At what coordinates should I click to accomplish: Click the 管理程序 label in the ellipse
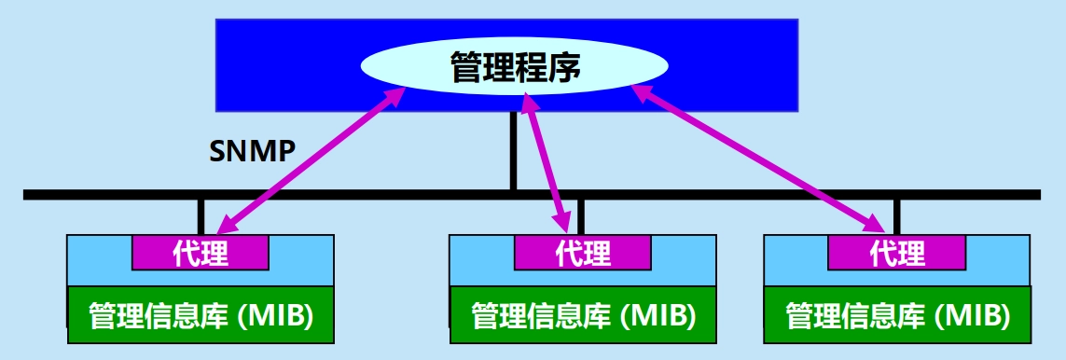[x=515, y=66]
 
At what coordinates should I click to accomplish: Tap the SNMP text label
[x=252, y=152]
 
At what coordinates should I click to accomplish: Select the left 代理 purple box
[x=200, y=253]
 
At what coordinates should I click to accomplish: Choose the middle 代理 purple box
[x=583, y=253]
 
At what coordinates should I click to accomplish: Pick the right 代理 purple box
[x=897, y=253]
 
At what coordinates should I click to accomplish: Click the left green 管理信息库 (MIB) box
[x=201, y=315]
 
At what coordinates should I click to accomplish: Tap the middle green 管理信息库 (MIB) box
[x=583, y=315]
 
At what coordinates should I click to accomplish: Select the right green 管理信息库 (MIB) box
[x=897, y=315]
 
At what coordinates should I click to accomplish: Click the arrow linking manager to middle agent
[x=546, y=164]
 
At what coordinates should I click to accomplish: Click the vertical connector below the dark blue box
[x=513, y=151]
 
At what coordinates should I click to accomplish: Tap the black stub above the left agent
[x=201, y=216]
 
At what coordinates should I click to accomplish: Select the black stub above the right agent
[x=897, y=216]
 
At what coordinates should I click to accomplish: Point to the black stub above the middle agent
[x=581, y=216]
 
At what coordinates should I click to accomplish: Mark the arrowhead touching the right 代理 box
[x=877, y=224]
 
